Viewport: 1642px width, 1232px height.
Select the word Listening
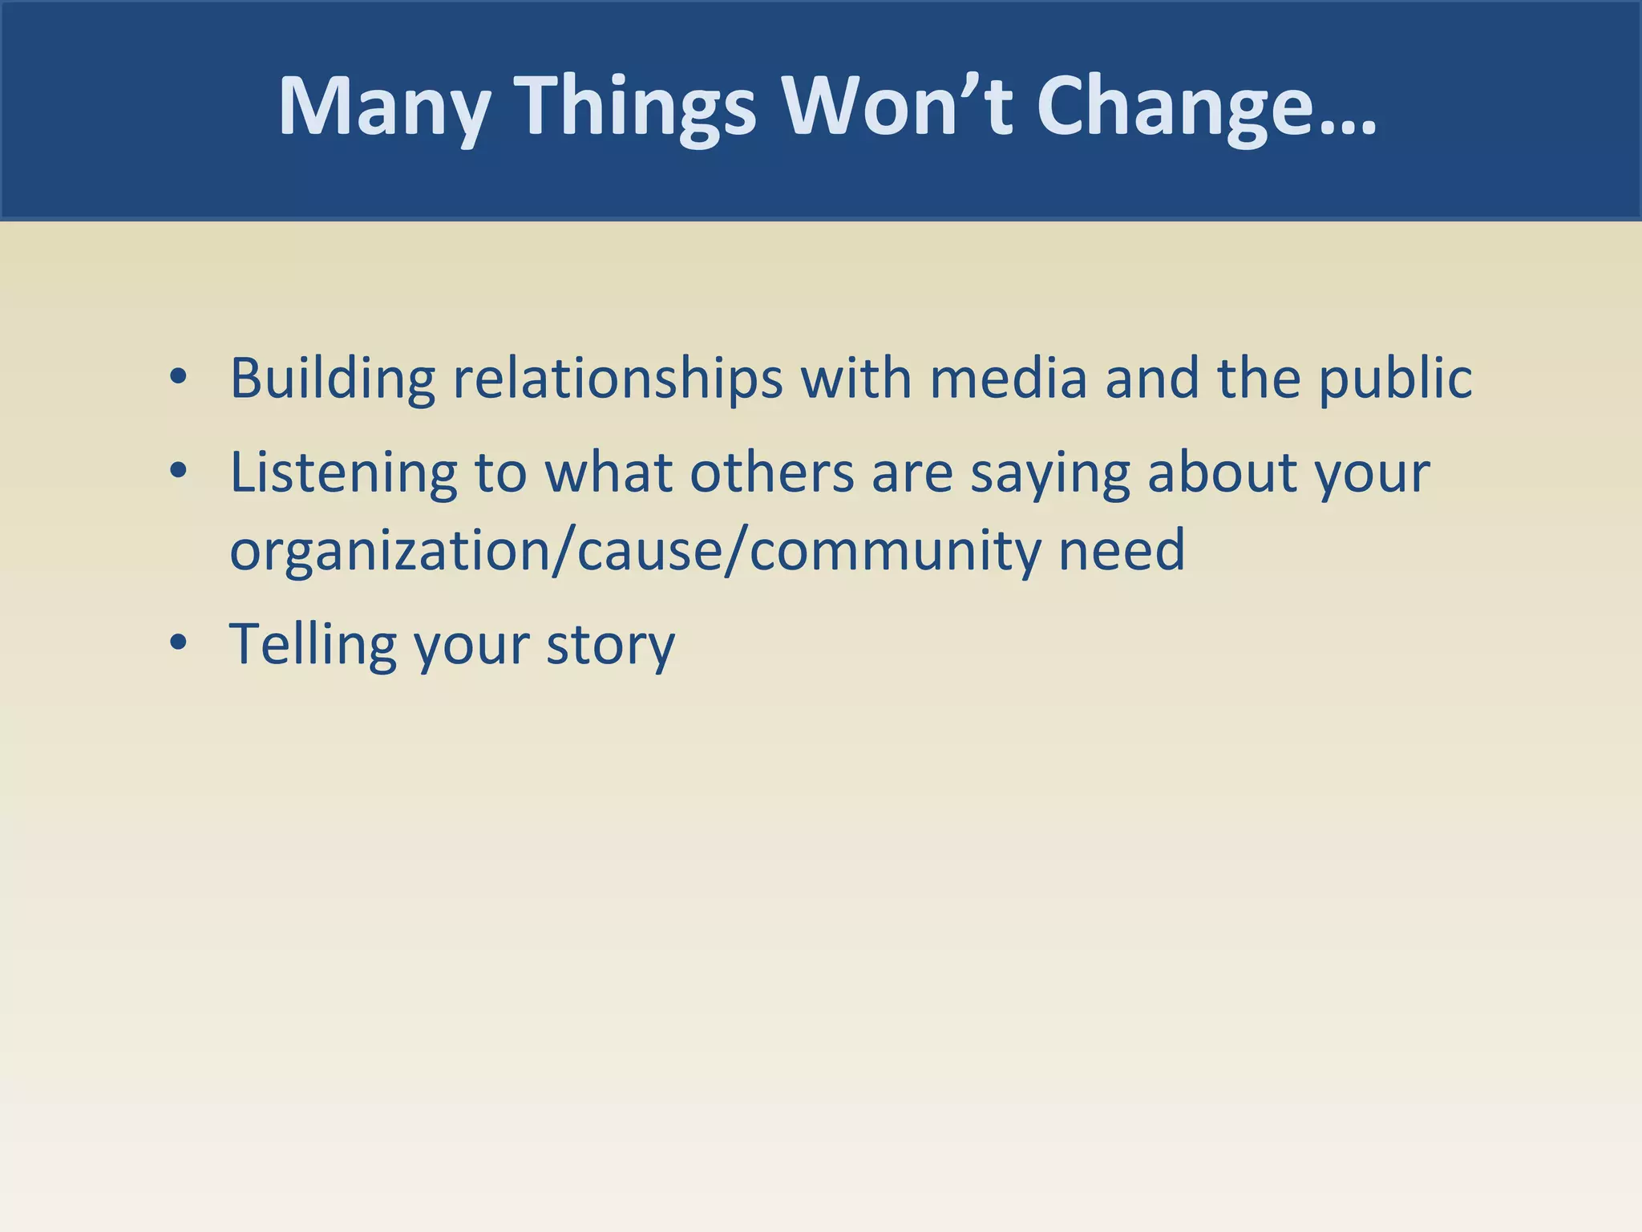343,472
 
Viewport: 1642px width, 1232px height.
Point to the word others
771,472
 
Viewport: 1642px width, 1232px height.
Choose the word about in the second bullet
1222,472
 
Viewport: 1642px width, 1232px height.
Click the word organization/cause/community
634,550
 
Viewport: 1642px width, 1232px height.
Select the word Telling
313,643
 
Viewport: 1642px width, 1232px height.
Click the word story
610,645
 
